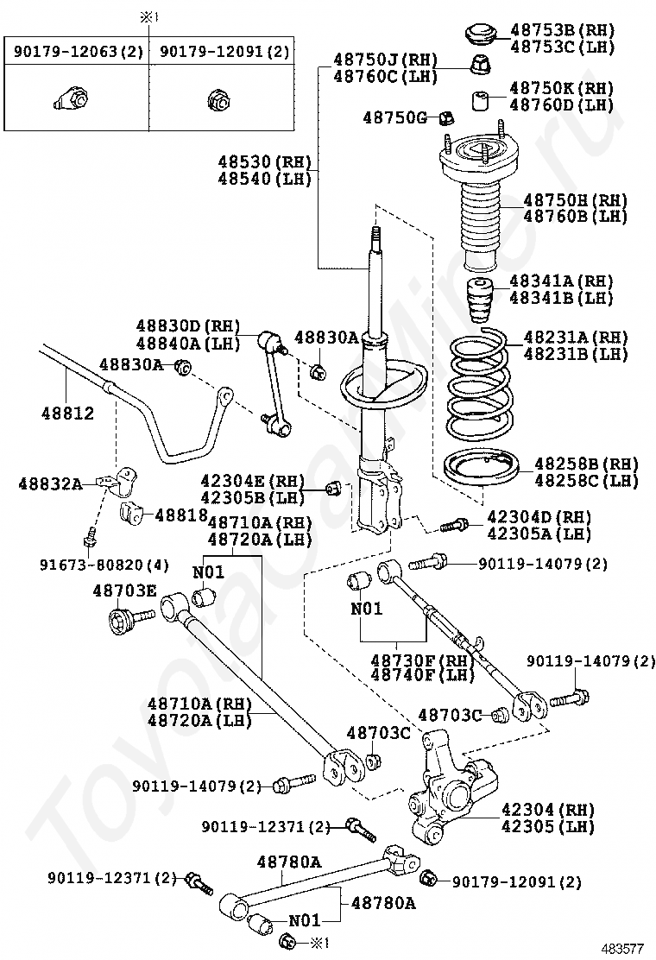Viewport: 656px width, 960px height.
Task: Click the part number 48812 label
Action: click(x=66, y=414)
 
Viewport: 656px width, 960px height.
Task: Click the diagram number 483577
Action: click(x=623, y=947)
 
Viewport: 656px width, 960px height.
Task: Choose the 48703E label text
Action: click(x=124, y=591)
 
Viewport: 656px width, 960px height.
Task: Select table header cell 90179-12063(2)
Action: click(x=77, y=52)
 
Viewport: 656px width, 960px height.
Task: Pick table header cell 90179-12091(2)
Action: click(x=224, y=52)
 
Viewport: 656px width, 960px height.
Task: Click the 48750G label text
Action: click(x=394, y=117)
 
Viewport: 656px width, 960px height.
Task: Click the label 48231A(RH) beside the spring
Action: click(x=575, y=338)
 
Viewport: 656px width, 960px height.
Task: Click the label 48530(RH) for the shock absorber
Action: click(x=263, y=161)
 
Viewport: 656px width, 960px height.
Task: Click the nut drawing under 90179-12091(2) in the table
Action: click(x=217, y=101)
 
